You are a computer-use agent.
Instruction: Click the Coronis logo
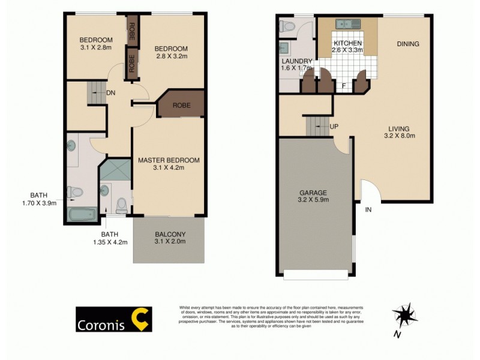pos(113,319)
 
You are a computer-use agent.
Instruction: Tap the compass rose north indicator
pos(405,316)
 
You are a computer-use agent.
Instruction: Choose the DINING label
pos(407,44)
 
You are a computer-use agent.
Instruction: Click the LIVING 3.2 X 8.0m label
pos(398,132)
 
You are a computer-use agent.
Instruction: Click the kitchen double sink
pos(347,25)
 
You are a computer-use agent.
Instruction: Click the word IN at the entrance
pos(368,209)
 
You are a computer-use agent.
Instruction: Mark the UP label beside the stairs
pos(333,127)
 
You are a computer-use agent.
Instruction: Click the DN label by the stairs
pos(111,93)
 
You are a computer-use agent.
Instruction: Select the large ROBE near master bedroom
pos(182,105)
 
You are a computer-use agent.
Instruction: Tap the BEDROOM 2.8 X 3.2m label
pos(171,53)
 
